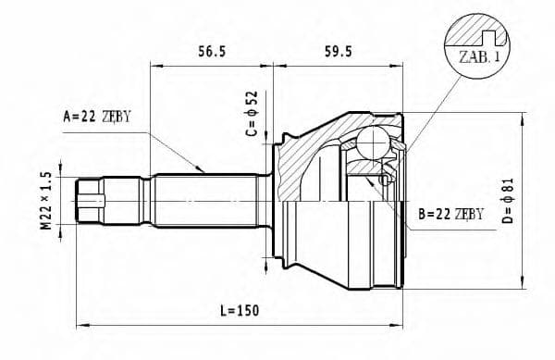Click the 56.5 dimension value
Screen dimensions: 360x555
212,51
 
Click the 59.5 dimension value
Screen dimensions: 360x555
338,51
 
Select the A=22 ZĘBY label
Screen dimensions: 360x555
97,117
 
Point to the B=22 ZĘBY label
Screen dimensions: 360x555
450,214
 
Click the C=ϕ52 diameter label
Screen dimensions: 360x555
251,113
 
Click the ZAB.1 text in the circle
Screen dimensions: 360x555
478,56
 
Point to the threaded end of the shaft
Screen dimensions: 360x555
90,202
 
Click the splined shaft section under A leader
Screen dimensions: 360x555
203,202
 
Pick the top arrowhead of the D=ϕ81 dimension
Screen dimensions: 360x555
525,117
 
